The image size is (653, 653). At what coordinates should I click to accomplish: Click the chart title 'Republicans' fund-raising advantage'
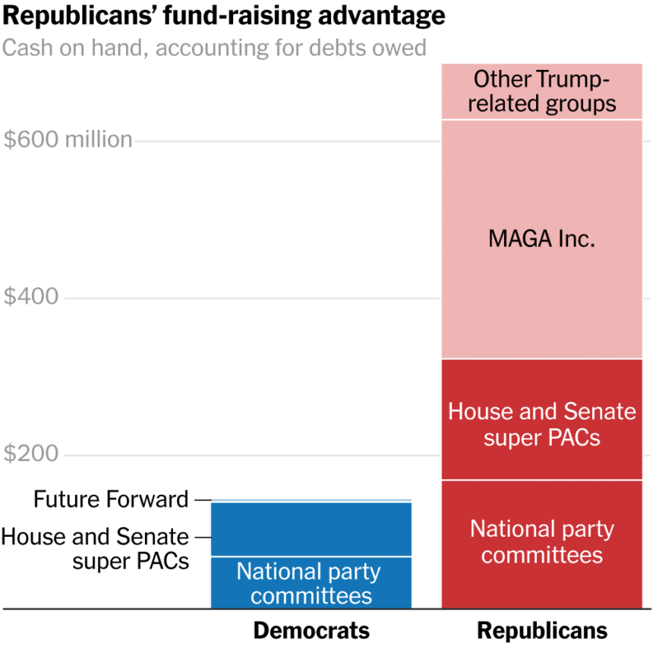[x=223, y=16]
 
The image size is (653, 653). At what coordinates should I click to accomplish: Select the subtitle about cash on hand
[x=214, y=49]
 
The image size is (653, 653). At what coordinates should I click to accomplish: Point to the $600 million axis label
[x=68, y=140]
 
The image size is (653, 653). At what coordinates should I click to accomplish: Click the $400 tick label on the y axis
[x=31, y=297]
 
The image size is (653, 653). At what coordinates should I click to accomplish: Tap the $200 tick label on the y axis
[x=31, y=454]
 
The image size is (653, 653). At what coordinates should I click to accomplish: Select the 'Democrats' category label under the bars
[x=311, y=631]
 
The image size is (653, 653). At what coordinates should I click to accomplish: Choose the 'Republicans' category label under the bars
[x=542, y=631]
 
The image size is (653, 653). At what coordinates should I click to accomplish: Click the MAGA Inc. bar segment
[x=542, y=289]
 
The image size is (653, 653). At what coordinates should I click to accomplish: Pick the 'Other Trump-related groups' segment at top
[x=542, y=92]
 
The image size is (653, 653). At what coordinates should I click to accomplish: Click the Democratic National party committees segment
[x=311, y=582]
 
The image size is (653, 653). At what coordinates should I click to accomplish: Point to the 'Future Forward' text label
[x=111, y=500]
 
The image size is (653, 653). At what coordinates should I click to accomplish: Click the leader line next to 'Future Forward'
[x=202, y=500]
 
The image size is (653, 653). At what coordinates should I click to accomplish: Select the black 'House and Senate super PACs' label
[x=95, y=549]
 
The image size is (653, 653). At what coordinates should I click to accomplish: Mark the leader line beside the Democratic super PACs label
[x=202, y=538]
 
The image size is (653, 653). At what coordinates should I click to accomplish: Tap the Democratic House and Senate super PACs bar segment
[x=311, y=529]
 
